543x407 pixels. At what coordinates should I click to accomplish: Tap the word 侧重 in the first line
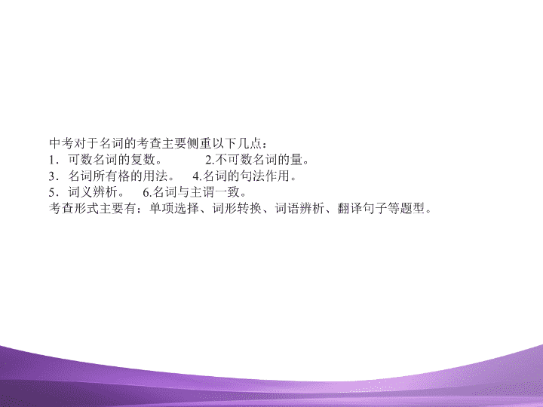199,143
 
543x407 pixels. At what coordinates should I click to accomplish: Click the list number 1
52,160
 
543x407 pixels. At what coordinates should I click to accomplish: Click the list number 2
209,160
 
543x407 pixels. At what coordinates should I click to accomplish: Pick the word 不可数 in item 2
234,160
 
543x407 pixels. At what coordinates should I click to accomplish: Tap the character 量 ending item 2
297,160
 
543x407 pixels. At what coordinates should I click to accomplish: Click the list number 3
52,176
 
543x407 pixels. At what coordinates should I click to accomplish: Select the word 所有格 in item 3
112,176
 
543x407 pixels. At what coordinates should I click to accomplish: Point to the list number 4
196,176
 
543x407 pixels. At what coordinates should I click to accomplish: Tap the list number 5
52,192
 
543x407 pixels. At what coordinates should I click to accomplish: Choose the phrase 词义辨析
94,192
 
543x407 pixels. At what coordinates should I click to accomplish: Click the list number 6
146,192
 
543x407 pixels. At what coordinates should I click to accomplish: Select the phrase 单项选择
174,208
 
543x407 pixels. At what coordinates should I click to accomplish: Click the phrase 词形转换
237,208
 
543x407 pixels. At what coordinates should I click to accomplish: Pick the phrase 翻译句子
363,208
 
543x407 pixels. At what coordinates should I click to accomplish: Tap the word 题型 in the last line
413,208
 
